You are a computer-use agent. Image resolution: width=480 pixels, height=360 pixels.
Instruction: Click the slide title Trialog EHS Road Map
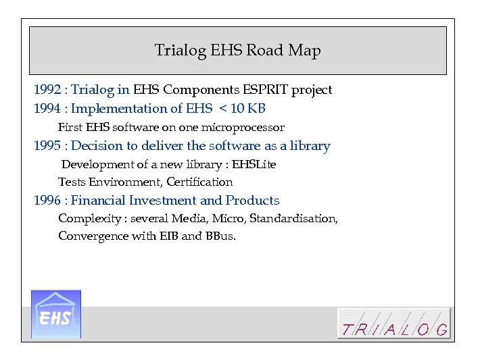[237, 51]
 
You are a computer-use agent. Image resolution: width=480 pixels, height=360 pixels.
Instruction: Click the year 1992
[47, 90]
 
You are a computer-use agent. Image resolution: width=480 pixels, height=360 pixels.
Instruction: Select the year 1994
[47, 109]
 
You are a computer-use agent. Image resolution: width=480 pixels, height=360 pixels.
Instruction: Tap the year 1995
[47, 146]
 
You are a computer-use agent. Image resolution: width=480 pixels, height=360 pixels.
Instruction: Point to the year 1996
[47, 201]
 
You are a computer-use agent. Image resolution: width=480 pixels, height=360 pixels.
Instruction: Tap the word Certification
[199, 182]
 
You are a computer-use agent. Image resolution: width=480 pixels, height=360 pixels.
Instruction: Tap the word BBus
[220, 236]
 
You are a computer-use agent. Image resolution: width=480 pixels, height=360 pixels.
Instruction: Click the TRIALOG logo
[393, 324]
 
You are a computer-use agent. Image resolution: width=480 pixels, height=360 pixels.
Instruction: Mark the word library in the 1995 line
[310, 146]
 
